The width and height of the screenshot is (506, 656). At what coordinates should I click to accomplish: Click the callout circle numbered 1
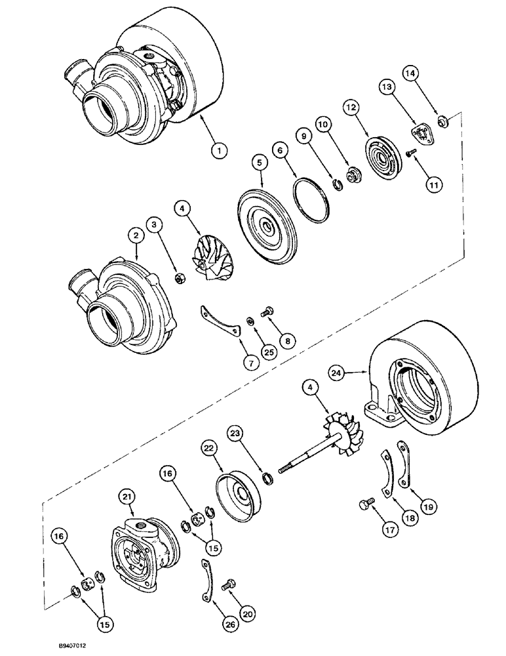[220, 150]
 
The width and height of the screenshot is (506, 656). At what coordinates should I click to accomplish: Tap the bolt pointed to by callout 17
[365, 504]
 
